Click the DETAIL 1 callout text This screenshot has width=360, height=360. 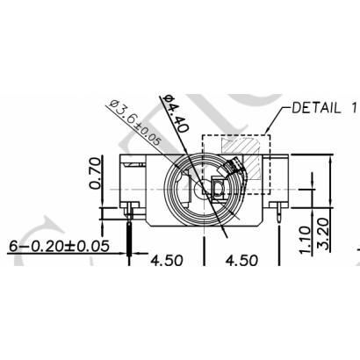click(325, 108)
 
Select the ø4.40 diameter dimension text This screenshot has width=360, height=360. click(176, 113)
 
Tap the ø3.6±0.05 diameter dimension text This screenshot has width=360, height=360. click(134, 123)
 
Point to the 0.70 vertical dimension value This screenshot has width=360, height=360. click(96, 173)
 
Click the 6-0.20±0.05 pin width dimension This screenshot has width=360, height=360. click(59, 246)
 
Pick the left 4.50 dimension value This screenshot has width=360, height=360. click(167, 260)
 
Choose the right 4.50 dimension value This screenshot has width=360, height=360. click(241, 260)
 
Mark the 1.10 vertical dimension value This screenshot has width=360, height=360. click(305, 240)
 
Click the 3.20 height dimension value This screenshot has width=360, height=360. click(324, 234)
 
